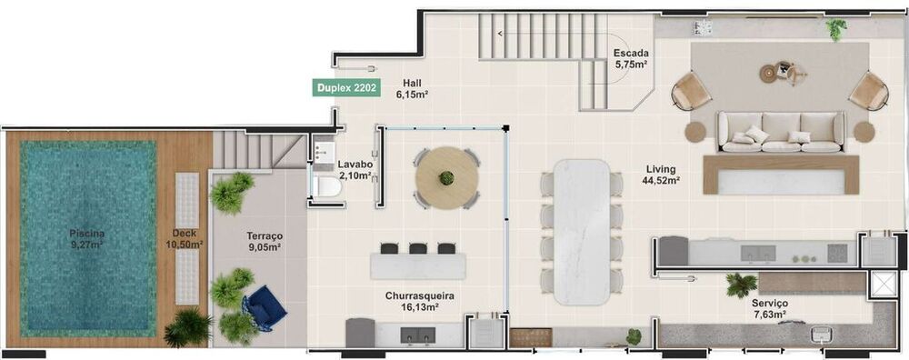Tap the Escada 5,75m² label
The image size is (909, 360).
pyautogui.click(x=630, y=58)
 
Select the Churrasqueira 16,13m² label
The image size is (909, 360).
pyautogui.click(x=419, y=302)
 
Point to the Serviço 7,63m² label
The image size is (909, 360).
pyautogui.click(x=769, y=308)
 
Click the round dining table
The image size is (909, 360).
pyautogui.click(x=445, y=179)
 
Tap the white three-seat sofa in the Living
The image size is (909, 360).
pyautogui.click(x=782, y=132)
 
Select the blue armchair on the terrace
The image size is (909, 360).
pyautogui.click(x=265, y=307)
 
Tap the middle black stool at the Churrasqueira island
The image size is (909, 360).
pyautogui.click(x=418, y=248)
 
